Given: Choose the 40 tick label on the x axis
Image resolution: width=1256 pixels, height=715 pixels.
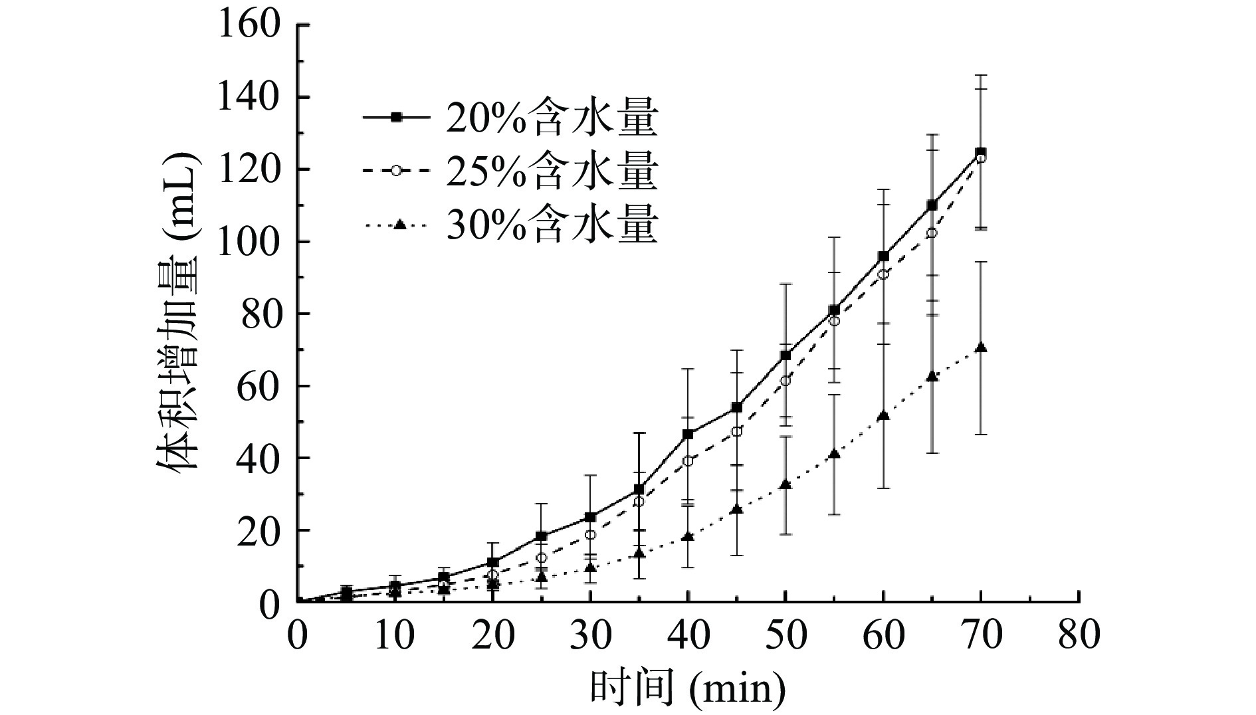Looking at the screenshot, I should [x=688, y=635].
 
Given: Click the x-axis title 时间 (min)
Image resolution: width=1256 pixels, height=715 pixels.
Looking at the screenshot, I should [x=688, y=688].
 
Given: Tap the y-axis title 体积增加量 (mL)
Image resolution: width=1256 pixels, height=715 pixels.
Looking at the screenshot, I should [x=178, y=312].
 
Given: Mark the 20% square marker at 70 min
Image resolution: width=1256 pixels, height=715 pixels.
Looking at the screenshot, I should [x=980, y=153].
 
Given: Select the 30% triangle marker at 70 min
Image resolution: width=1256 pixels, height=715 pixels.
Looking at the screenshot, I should [x=980, y=348].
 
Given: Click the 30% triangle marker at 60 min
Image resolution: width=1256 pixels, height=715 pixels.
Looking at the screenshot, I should [x=883, y=416].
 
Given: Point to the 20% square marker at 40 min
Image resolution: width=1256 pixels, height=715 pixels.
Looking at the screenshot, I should [x=688, y=435].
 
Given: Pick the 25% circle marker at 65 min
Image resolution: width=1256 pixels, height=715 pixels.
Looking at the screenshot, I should [x=932, y=233].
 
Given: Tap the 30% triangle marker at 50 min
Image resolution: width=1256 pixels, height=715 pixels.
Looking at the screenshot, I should [x=785, y=484].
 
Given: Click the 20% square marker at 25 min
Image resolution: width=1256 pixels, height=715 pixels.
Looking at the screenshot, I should [x=542, y=536].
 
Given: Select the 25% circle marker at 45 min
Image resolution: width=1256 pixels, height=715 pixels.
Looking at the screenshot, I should [x=736, y=431].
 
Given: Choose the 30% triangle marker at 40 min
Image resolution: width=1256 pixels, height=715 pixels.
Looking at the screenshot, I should [x=688, y=536].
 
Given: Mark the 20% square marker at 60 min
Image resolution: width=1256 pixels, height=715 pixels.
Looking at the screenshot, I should [x=883, y=256].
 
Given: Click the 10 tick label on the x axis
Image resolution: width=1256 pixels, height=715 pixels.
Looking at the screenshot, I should [x=395, y=635].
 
